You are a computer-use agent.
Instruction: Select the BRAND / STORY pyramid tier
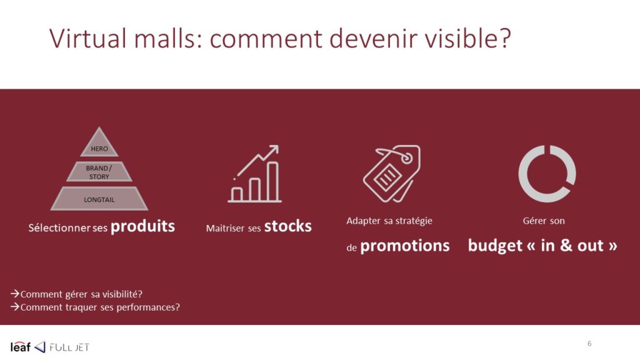point(99,172)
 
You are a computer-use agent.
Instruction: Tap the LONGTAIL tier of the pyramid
point(99,199)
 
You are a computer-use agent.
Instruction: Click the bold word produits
point(142,226)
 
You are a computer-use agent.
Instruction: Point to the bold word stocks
point(287,226)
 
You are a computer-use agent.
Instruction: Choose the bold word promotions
point(405,246)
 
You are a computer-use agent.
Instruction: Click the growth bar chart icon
point(255,174)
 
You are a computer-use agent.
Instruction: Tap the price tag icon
point(392,174)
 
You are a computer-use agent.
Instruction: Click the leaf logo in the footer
point(21,347)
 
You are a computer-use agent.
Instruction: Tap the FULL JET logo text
point(69,347)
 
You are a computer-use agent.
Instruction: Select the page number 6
point(589,344)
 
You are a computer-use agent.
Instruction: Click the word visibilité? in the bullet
point(122,294)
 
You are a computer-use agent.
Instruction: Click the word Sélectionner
point(59,227)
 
